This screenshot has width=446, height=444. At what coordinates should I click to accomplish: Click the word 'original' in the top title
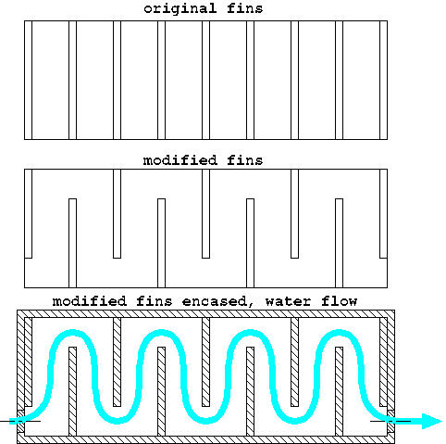click(x=180, y=8)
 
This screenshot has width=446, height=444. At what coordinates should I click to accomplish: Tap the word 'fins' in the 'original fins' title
click(x=245, y=8)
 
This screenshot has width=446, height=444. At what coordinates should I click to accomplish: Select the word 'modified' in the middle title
click(x=180, y=160)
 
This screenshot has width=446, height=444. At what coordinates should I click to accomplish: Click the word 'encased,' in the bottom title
click(x=218, y=301)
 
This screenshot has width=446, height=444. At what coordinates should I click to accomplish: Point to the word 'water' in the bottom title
click(x=288, y=301)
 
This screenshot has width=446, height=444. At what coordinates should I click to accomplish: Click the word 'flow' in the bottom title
click(x=339, y=301)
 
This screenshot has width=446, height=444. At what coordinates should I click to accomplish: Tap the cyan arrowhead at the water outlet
click(x=432, y=421)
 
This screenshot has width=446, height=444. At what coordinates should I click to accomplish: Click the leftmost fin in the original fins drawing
click(x=28, y=80)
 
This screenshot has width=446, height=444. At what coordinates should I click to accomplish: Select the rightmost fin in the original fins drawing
click(x=383, y=80)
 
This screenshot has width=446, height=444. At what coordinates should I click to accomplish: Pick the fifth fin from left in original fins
click(x=205, y=80)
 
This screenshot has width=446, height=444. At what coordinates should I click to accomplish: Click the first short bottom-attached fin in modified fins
click(x=72, y=243)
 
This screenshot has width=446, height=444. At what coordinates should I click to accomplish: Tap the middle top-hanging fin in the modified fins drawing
click(x=205, y=213)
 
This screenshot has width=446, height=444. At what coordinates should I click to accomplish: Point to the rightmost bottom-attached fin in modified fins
click(x=339, y=243)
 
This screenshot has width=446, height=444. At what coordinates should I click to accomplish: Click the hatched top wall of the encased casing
click(x=205, y=313)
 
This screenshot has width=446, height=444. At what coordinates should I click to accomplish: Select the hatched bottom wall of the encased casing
click(x=205, y=439)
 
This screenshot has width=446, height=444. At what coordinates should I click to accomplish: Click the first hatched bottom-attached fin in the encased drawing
click(x=72, y=391)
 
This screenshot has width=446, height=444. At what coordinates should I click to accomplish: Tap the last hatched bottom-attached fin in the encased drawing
click(x=339, y=391)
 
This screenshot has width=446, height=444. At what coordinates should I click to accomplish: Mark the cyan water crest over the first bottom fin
click(x=72, y=333)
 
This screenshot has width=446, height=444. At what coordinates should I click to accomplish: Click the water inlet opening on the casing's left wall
click(x=20, y=421)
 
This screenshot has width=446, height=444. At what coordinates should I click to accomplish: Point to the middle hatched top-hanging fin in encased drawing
click(x=205, y=362)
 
